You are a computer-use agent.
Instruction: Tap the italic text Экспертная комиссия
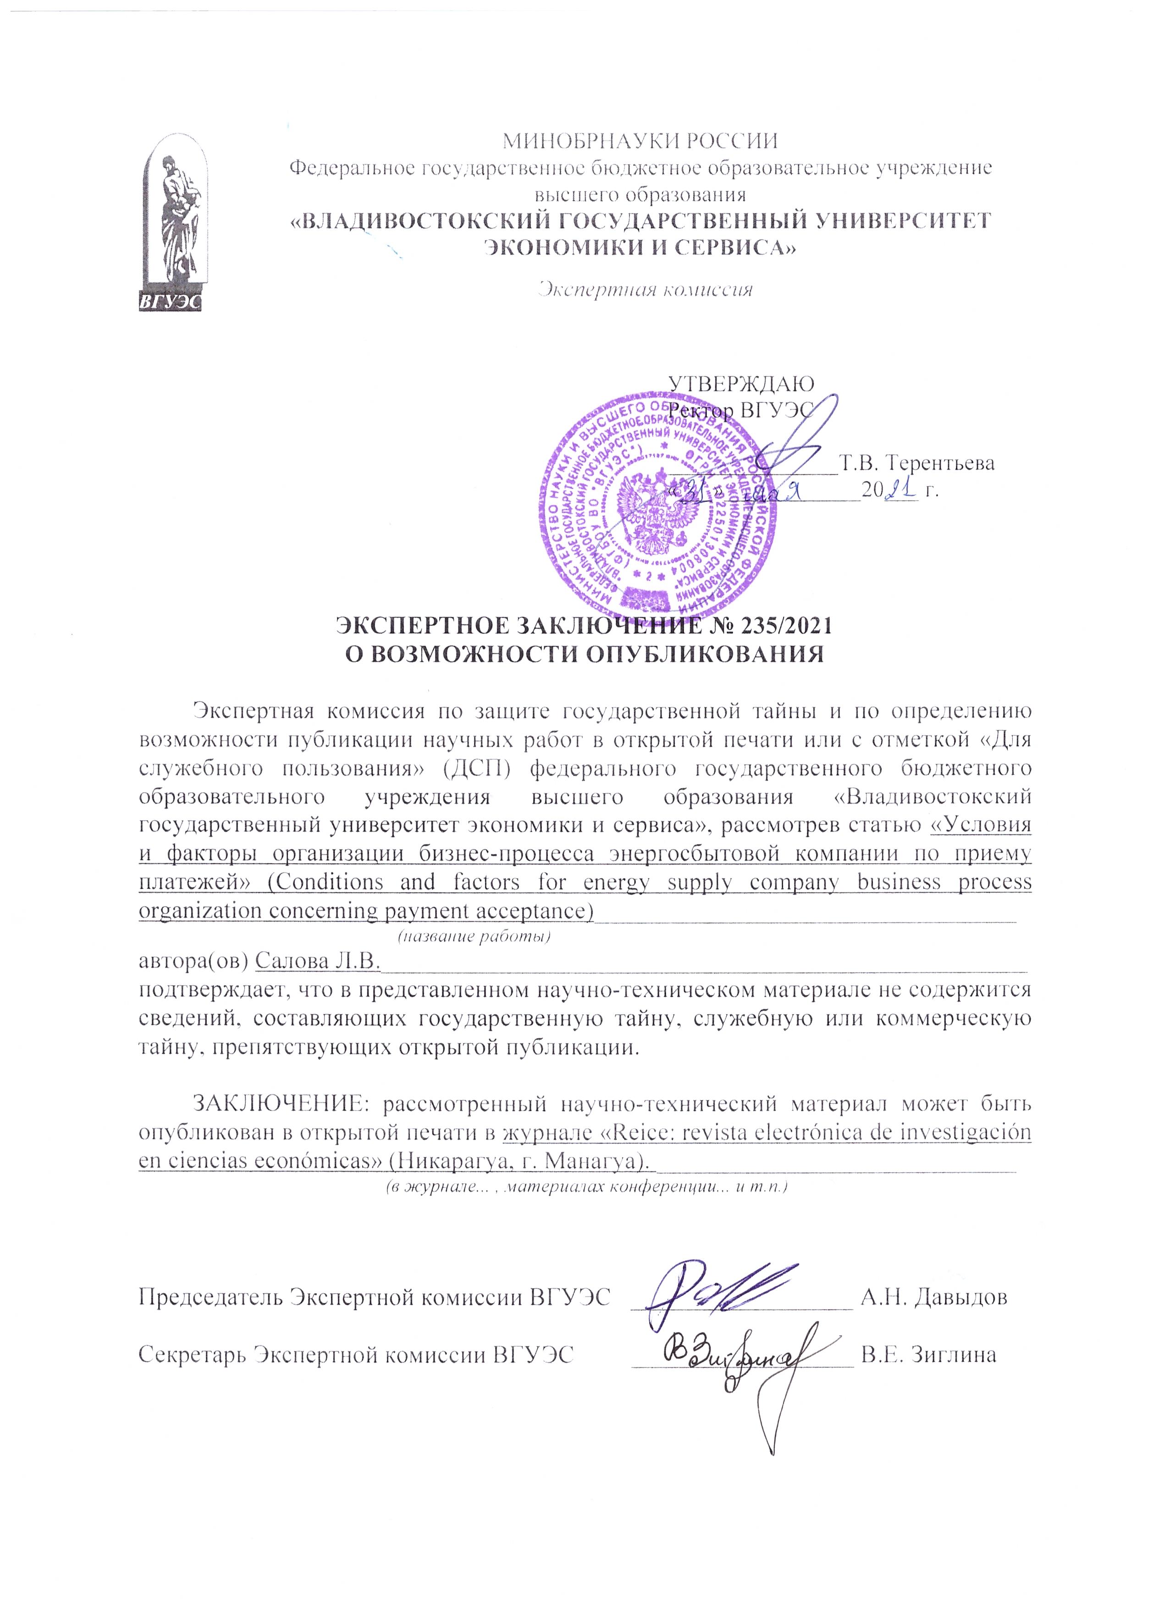pos(644,289)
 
